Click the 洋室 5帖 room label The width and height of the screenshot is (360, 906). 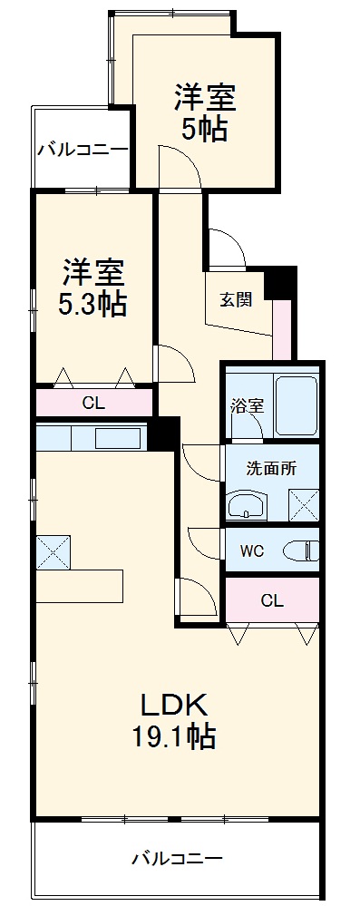(203, 112)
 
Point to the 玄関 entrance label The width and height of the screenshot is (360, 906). (235, 301)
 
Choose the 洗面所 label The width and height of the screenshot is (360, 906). (271, 469)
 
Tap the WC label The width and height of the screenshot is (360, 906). (252, 550)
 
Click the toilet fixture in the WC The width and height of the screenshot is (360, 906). (300, 550)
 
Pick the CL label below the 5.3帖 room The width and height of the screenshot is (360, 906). (93, 404)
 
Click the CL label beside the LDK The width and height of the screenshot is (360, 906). (271, 600)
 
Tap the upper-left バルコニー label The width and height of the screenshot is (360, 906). (82, 149)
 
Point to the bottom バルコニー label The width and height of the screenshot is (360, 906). (176, 857)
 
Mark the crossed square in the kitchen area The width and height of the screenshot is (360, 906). (54, 550)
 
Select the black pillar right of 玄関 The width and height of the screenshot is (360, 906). (285, 282)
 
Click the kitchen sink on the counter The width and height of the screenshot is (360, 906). (118, 438)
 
